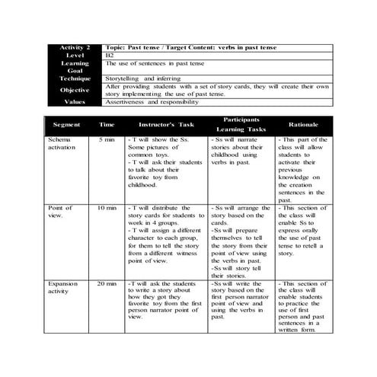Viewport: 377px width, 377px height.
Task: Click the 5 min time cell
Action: point(107,142)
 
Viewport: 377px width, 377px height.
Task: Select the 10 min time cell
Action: point(107,208)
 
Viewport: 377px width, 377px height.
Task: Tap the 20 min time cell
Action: point(107,283)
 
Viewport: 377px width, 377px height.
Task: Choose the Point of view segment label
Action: point(61,211)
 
